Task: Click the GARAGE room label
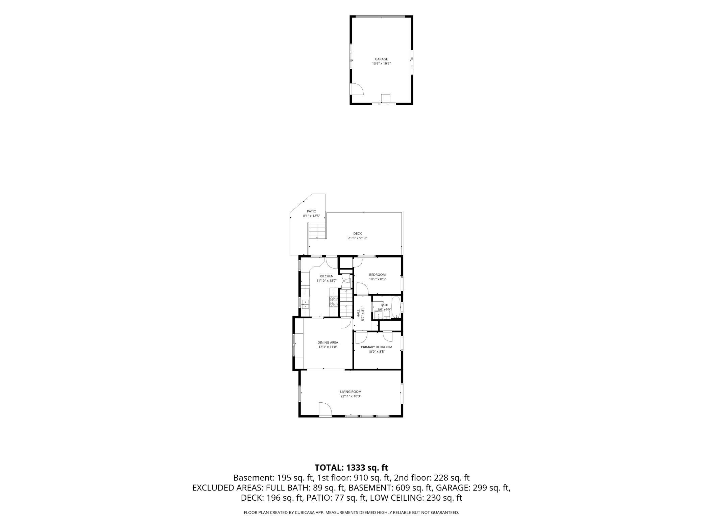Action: pyautogui.click(x=381, y=59)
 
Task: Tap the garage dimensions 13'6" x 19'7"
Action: pyautogui.click(x=381, y=64)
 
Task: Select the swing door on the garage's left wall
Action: pyautogui.click(x=357, y=89)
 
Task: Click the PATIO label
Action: pyautogui.click(x=311, y=211)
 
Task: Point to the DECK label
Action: pyautogui.click(x=358, y=233)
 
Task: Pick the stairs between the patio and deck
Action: pyautogui.click(x=81, y=232)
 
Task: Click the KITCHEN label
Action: pyautogui.click(x=326, y=276)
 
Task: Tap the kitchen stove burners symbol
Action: pyautogui.click(x=97, y=301)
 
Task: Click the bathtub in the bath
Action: pyautogui.click(x=396, y=308)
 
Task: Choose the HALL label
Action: pyautogui.click(x=358, y=313)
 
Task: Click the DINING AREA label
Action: pyautogui.click(x=328, y=342)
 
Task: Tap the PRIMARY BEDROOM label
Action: pyautogui.click(x=377, y=347)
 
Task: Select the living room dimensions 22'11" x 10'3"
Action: pyautogui.click(x=351, y=396)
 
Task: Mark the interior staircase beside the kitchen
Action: pyautogui.click(x=346, y=303)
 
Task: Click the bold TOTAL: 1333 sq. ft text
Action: pyautogui.click(x=351, y=468)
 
